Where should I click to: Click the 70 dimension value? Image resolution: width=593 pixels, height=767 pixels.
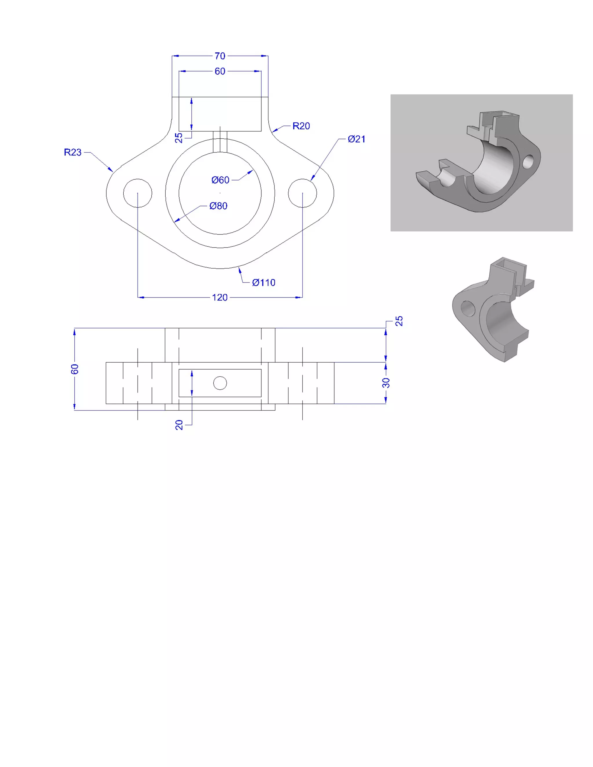[x=220, y=56]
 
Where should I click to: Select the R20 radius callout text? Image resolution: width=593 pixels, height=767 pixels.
[x=301, y=126]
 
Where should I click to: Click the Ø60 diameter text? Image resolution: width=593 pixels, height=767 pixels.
[x=220, y=180]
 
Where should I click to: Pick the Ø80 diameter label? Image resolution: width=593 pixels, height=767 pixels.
[x=218, y=206]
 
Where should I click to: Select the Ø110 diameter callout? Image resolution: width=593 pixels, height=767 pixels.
[x=263, y=283]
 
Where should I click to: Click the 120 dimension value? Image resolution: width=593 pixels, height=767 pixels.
[x=219, y=298]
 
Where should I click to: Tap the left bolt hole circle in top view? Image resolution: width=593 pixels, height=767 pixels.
[x=138, y=193]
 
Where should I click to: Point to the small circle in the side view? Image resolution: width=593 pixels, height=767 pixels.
[x=220, y=383]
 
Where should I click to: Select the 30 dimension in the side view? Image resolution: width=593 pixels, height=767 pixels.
[x=386, y=383]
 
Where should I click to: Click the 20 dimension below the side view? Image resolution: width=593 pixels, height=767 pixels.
[x=179, y=425]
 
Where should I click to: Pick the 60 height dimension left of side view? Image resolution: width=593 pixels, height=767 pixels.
[x=74, y=369]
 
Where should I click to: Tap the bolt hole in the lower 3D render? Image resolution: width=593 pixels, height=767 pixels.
[x=468, y=309]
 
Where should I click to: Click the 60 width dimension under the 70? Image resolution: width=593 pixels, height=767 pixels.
[x=220, y=71]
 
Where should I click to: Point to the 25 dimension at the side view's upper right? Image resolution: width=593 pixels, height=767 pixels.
[x=399, y=321]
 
